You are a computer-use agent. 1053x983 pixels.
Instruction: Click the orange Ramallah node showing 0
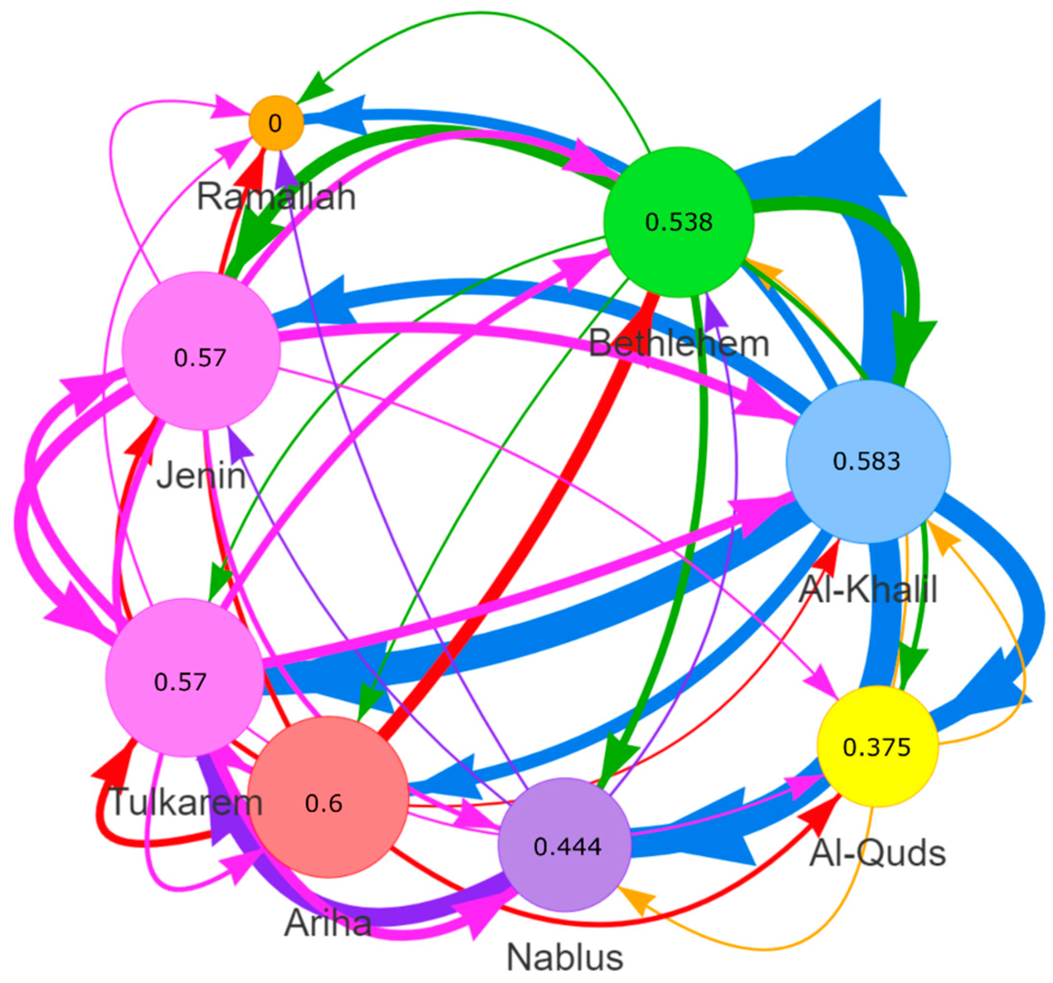click(x=276, y=124)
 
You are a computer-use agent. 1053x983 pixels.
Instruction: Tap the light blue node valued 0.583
click(x=868, y=461)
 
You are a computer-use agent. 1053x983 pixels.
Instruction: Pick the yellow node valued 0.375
click(x=878, y=747)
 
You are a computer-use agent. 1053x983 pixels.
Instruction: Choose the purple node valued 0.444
click(x=565, y=846)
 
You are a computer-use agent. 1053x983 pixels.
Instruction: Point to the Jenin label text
click(x=201, y=475)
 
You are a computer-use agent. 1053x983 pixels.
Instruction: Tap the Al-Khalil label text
click(x=868, y=589)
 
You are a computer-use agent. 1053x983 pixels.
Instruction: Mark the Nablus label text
click(x=565, y=958)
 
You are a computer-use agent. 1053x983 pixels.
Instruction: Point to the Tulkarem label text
click(x=185, y=802)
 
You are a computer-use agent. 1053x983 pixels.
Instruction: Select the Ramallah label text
click(x=276, y=197)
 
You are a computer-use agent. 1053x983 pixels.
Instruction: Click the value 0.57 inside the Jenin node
click(x=200, y=359)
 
